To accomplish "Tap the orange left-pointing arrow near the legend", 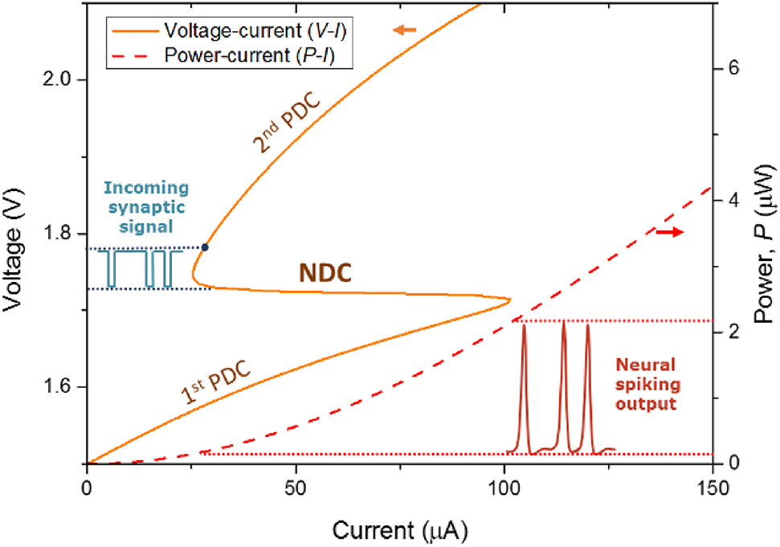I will point(406,31).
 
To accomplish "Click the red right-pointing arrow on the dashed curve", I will point(669,232).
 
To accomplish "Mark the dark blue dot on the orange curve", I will point(206,247).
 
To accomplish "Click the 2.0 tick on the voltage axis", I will point(61,80).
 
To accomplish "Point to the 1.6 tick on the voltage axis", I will point(61,387).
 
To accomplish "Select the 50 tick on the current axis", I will point(296,488).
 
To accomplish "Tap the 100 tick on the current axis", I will point(504,488).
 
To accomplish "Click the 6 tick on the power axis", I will point(731,68).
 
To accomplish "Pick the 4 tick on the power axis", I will point(731,200).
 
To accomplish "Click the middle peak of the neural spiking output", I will point(564,323).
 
